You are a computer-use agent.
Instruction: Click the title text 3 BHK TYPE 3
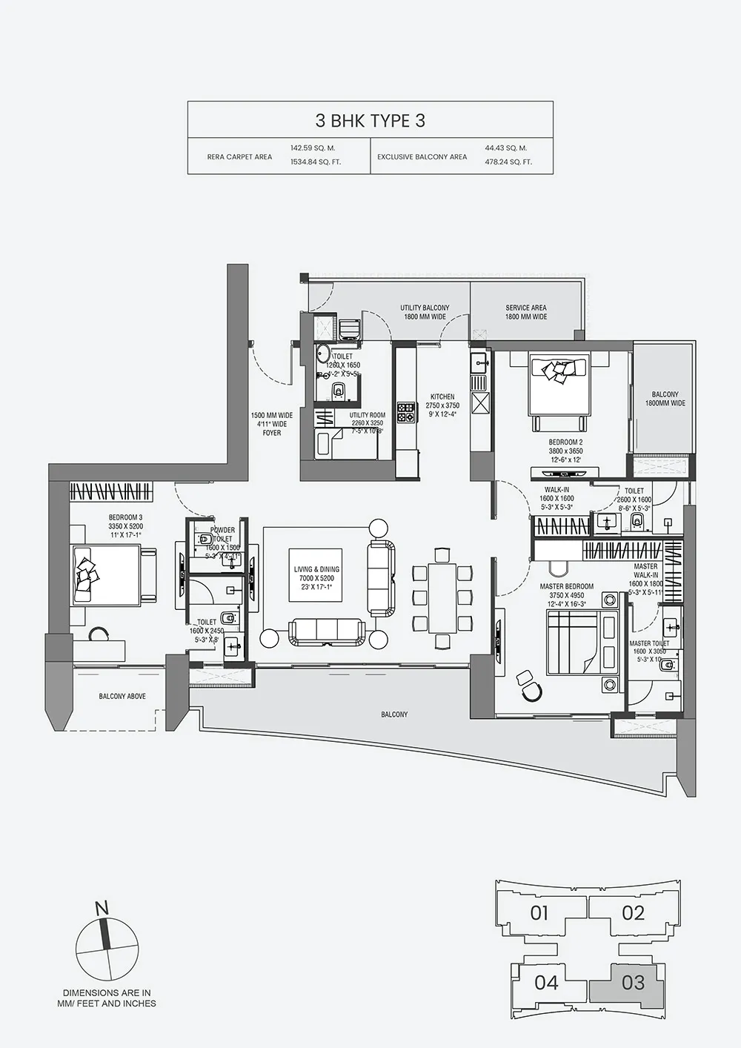[x=370, y=121]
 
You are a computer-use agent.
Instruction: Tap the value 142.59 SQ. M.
[x=312, y=148]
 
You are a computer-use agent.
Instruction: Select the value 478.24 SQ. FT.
[x=508, y=162]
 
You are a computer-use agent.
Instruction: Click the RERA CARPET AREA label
[x=239, y=156]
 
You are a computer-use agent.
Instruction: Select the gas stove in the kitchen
[x=406, y=413]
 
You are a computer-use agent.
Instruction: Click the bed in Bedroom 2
[x=559, y=385]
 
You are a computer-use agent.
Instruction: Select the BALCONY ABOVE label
[x=122, y=697]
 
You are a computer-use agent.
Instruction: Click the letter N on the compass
[x=102, y=909]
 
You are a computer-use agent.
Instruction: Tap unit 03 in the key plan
[x=633, y=983]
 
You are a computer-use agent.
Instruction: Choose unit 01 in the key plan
[x=539, y=913]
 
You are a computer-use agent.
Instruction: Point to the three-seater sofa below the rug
[x=327, y=631]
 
